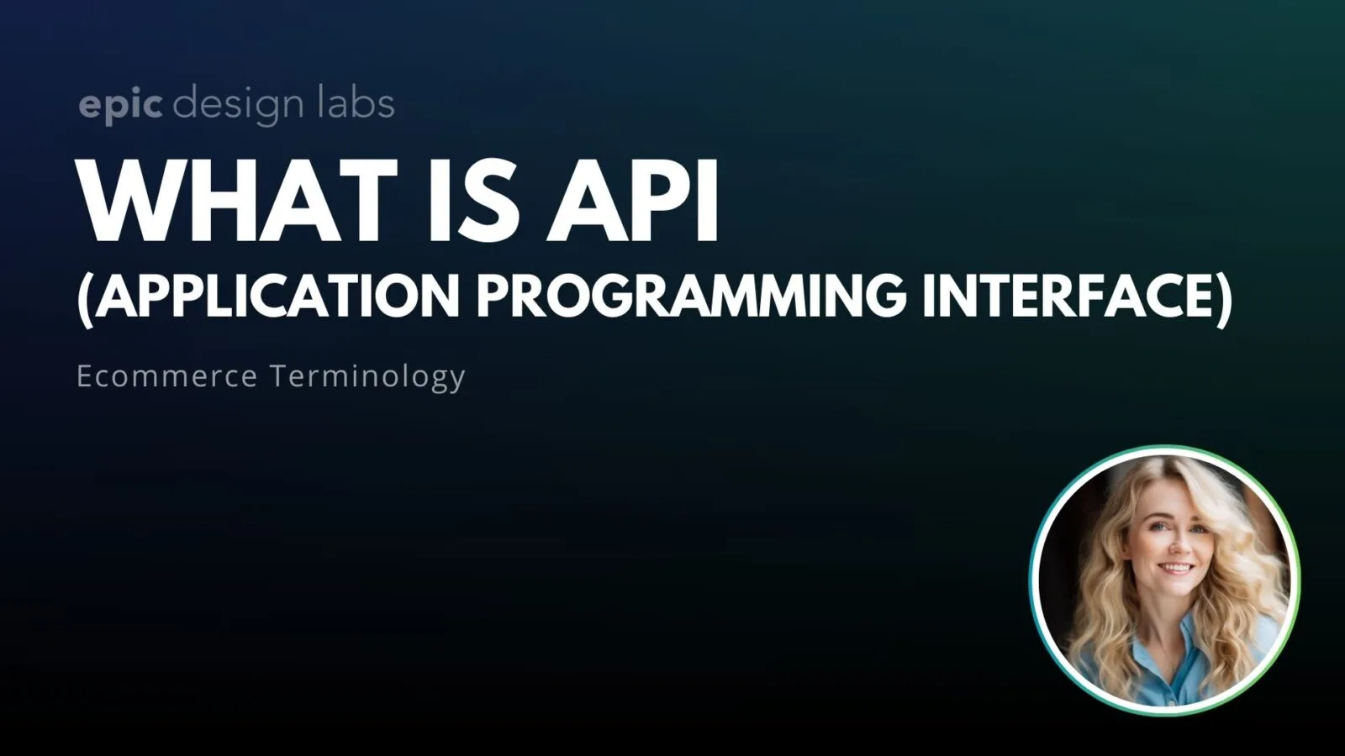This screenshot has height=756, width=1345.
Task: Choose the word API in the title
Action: (632, 202)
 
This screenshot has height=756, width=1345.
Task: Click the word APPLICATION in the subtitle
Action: (277, 296)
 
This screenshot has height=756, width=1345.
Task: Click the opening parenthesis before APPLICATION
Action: (83, 297)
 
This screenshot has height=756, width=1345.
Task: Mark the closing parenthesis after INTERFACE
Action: (1224, 297)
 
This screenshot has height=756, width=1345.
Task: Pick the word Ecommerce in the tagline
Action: (166, 375)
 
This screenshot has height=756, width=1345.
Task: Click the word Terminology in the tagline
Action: (367, 375)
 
